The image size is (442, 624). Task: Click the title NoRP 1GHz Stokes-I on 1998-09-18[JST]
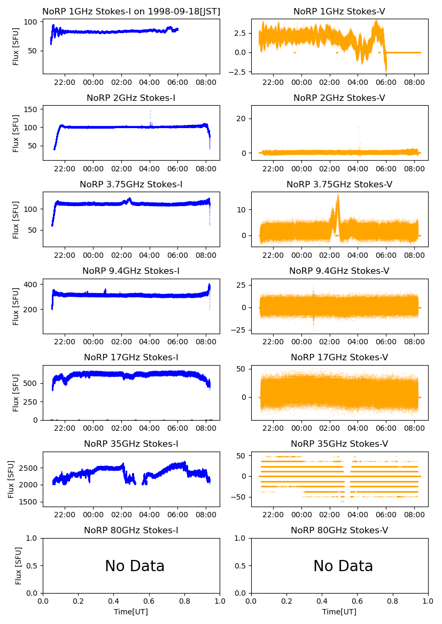click(131, 11)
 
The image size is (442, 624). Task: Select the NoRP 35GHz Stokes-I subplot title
click(131, 444)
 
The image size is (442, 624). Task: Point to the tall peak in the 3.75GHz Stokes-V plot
click(338, 196)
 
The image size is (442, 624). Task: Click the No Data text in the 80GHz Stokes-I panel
click(135, 566)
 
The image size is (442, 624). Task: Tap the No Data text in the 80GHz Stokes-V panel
click(343, 566)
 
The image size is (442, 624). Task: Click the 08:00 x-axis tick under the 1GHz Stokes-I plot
click(206, 82)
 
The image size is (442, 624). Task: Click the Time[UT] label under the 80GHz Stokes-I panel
click(131, 612)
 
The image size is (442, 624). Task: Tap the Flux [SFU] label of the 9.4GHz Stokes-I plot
click(16, 307)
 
